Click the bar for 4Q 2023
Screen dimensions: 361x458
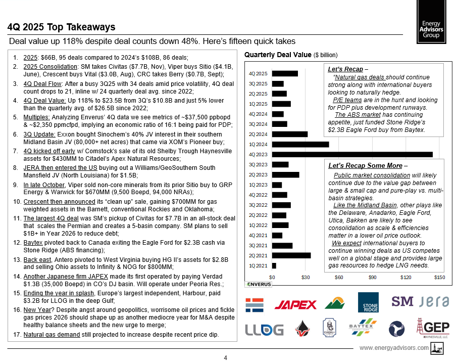point(352,154)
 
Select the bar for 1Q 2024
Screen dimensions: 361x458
point(300,144)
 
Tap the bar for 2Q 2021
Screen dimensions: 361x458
point(291,255)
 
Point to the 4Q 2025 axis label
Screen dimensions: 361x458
point(259,74)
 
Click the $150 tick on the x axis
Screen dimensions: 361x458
point(439,278)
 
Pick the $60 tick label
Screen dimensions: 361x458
point(339,278)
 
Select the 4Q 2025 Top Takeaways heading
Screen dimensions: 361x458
point(62,27)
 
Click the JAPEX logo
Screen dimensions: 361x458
point(295,304)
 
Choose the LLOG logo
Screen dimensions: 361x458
point(264,330)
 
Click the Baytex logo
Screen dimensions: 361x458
point(363,329)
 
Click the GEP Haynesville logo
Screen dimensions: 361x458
point(432,329)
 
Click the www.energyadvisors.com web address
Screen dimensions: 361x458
point(394,348)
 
